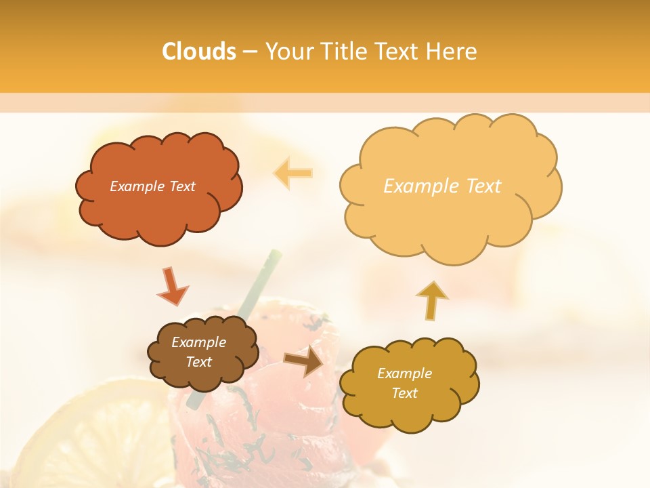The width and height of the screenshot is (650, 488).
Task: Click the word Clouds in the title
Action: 198,52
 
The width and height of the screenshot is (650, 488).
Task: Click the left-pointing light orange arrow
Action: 293,173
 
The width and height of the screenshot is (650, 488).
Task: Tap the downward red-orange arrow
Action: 172,287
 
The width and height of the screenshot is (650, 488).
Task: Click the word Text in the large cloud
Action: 478,186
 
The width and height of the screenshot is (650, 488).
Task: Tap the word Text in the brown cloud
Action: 198,362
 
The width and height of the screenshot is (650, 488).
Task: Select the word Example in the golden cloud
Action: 404,373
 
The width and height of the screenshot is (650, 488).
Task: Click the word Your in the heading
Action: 288,52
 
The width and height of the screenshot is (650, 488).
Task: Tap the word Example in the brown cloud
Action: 198,342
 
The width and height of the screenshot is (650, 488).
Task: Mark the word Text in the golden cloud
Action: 404,393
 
